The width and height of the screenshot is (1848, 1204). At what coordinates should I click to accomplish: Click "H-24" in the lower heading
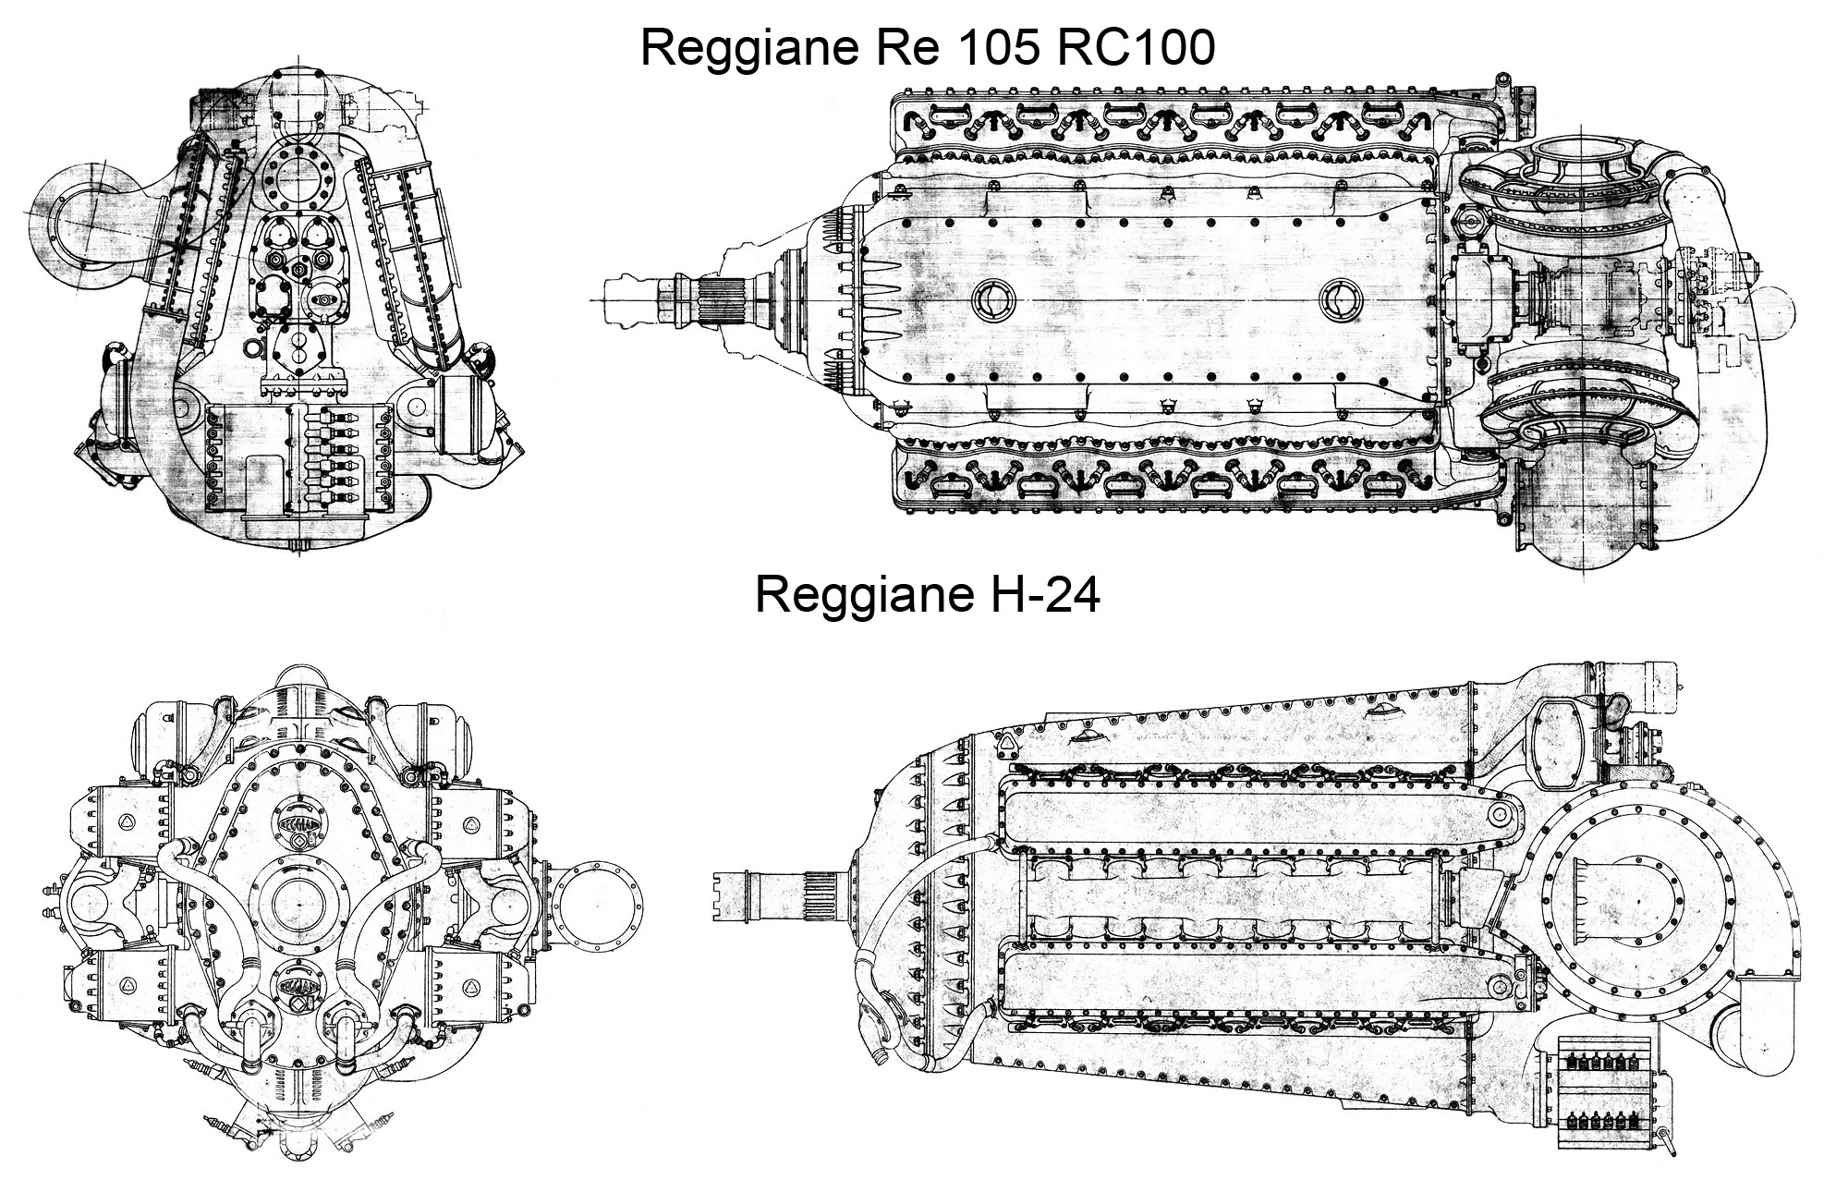[x=1038, y=596]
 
